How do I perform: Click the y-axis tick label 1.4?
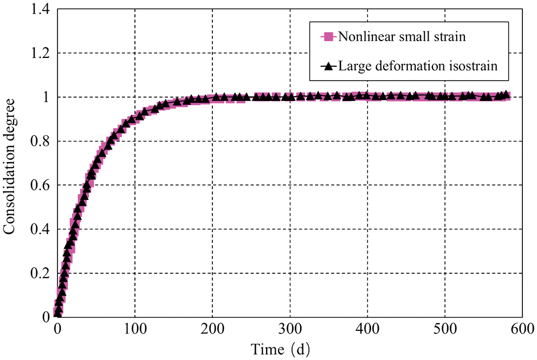click(40, 9)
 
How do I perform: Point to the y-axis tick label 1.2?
click(40, 53)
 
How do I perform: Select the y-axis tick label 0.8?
click(40, 141)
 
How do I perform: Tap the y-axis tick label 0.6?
click(40, 185)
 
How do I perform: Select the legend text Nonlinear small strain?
click(401, 37)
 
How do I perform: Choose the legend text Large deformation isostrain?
click(417, 67)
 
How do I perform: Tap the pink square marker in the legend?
click(327, 37)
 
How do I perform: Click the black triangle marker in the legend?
click(327, 67)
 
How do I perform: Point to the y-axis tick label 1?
click(46, 97)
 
